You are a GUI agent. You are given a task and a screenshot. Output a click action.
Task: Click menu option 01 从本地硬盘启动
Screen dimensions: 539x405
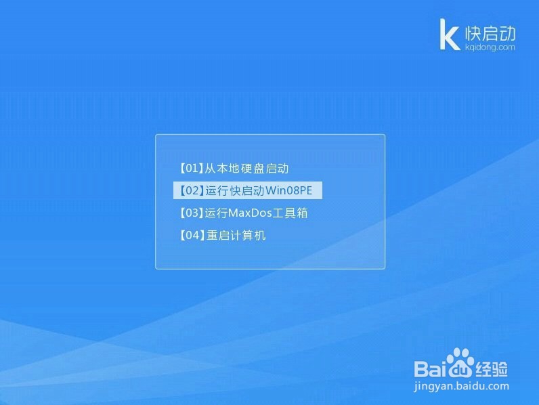click(234, 169)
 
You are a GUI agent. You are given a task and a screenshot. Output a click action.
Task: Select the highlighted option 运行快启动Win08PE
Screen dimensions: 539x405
click(248, 190)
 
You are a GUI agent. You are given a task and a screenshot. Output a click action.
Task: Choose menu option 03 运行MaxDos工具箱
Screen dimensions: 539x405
click(243, 213)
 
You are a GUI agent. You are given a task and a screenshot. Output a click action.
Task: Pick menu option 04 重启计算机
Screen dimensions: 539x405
click(222, 236)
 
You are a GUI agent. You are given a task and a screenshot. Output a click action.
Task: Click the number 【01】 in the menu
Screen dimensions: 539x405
click(191, 169)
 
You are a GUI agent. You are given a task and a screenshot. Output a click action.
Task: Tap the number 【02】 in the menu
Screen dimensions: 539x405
click(192, 190)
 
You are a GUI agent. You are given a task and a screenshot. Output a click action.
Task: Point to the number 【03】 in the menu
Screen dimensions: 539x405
click(191, 213)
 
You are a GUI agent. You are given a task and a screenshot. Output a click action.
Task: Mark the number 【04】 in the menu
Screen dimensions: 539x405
click(192, 236)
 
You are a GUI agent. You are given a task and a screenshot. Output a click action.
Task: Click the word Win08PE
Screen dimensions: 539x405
click(289, 190)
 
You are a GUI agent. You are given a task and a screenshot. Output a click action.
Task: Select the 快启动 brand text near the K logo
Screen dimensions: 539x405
click(490, 33)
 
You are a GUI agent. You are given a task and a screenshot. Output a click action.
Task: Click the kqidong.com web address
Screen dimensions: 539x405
click(490, 47)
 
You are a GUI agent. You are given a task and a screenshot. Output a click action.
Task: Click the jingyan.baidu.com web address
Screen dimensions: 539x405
click(461, 386)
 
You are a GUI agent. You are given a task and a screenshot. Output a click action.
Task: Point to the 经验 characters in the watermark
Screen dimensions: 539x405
click(491, 369)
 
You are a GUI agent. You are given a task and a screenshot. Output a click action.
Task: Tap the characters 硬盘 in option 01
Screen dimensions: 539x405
click(253, 169)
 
